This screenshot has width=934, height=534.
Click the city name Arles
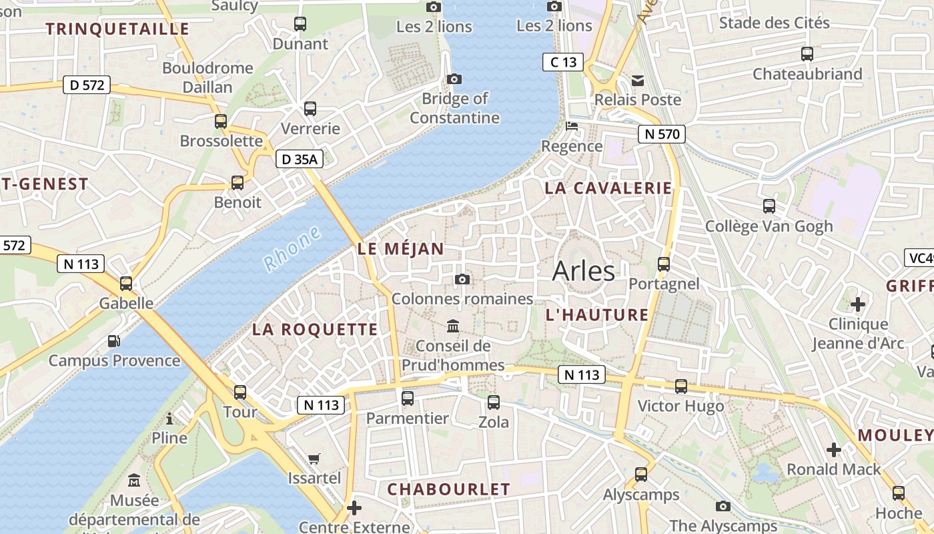[584, 271]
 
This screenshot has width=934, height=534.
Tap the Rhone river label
[292, 249]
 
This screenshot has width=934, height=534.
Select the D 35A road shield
[300, 159]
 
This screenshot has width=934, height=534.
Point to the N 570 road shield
[662, 134]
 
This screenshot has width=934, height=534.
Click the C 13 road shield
[562, 62]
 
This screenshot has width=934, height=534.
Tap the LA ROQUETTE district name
[315, 329]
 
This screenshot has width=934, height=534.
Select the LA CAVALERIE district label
[608, 188]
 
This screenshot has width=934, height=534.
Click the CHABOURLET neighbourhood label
[448, 489]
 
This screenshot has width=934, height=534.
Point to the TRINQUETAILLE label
[117, 29]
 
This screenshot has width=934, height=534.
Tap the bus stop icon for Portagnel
[663, 264]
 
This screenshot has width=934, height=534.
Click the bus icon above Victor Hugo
[680, 386]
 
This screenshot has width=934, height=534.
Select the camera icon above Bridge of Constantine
[454, 79]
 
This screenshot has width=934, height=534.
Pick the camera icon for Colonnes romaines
[462, 279]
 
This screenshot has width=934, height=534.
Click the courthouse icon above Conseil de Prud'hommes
[453, 326]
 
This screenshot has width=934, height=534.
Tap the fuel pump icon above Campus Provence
[114, 341]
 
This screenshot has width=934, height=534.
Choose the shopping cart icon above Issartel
[314, 459]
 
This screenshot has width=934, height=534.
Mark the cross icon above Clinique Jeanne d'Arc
[857, 304]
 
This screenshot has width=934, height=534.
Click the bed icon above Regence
[572, 125]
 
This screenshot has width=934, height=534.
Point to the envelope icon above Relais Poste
[638, 80]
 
